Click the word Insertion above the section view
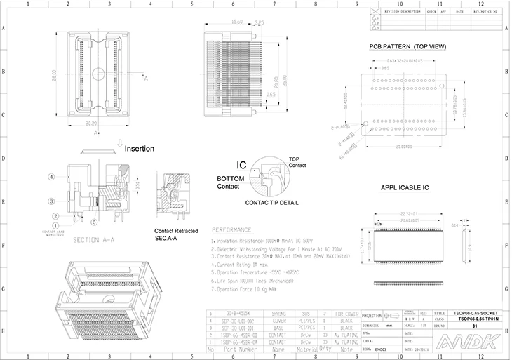coord(139,149)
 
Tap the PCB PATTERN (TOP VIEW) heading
coord(408,47)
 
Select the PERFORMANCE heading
coord(231,229)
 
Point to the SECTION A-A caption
coord(95,240)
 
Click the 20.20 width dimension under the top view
coord(90,123)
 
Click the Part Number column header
coord(235,349)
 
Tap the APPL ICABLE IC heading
coord(405,188)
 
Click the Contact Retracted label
coord(176,231)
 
